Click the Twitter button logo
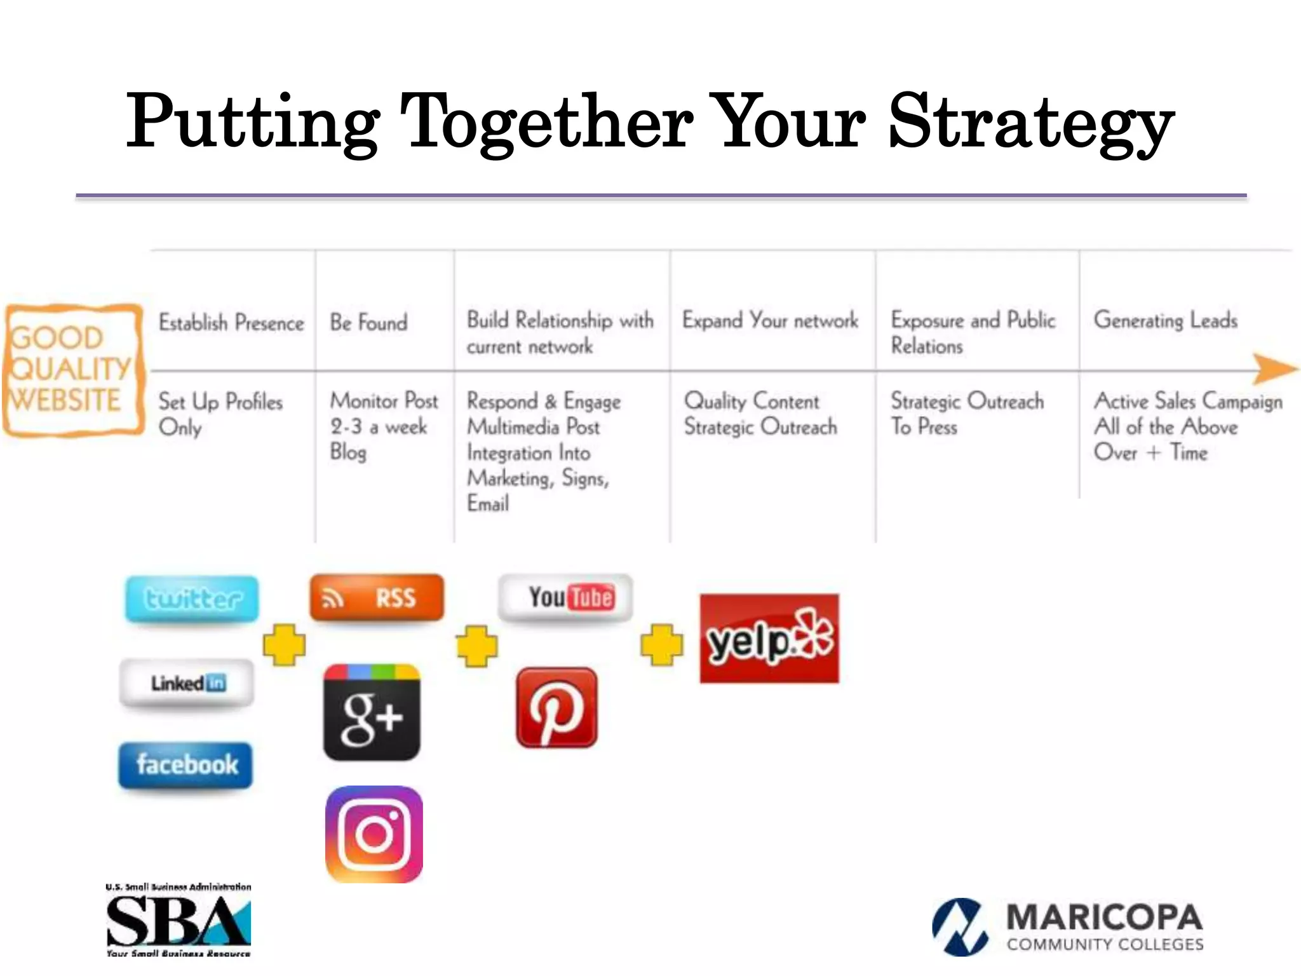tap(192, 599)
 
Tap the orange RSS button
tap(376, 597)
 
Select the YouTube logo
tap(565, 597)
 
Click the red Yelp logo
tap(769, 639)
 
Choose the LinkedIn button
tap(187, 684)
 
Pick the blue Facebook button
tap(185, 764)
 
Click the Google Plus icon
tap(372, 712)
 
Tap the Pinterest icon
tap(556, 707)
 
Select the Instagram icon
tap(374, 834)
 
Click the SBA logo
tap(179, 921)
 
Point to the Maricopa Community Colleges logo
tap(1067, 926)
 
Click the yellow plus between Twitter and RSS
tap(284, 644)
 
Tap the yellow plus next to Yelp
tap(661, 644)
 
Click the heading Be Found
tap(368, 322)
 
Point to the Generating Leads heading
tap(1165, 320)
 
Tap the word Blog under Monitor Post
tap(348, 452)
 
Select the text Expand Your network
tap(770, 320)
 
